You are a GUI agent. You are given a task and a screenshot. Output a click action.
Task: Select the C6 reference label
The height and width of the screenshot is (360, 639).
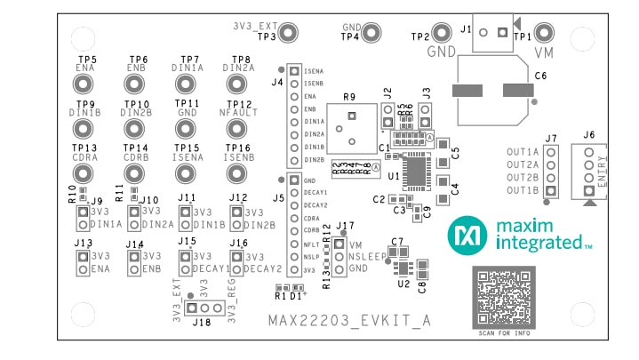(x=541, y=77)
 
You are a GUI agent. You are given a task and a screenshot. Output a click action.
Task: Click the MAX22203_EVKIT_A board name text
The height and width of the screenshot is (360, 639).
(x=349, y=321)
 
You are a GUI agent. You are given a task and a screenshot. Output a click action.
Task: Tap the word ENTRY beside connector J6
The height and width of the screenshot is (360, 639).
(x=602, y=169)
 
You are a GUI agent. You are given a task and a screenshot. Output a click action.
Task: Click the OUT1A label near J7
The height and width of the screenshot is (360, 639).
(x=523, y=152)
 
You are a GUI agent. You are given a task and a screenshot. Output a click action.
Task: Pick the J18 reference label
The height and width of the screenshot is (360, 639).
(x=201, y=323)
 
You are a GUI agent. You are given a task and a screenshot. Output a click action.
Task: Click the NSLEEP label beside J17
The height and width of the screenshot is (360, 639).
(x=367, y=255)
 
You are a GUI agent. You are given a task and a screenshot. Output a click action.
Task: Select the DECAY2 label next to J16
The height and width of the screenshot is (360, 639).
(x=263, y=268)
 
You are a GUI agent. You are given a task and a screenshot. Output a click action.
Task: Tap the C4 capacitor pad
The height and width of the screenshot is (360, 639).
(x=442, y=188)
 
